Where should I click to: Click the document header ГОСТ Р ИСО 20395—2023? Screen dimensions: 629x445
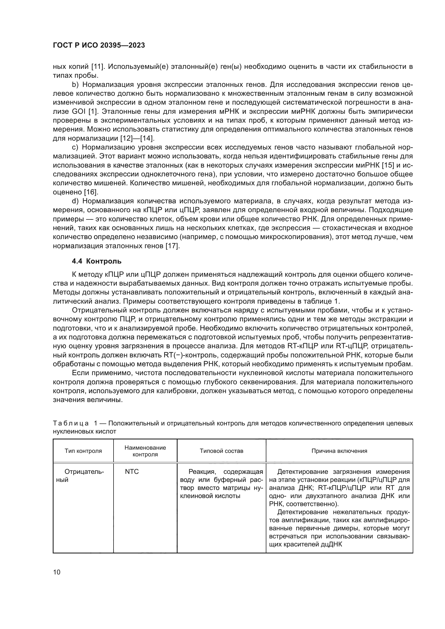[99, 45]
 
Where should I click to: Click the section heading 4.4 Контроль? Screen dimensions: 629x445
[97, 261]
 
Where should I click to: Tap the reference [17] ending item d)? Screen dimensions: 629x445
[173, 246]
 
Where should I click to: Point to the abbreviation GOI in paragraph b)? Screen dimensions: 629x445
[77, 112]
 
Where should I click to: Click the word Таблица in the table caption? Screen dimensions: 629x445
[70, 424]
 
